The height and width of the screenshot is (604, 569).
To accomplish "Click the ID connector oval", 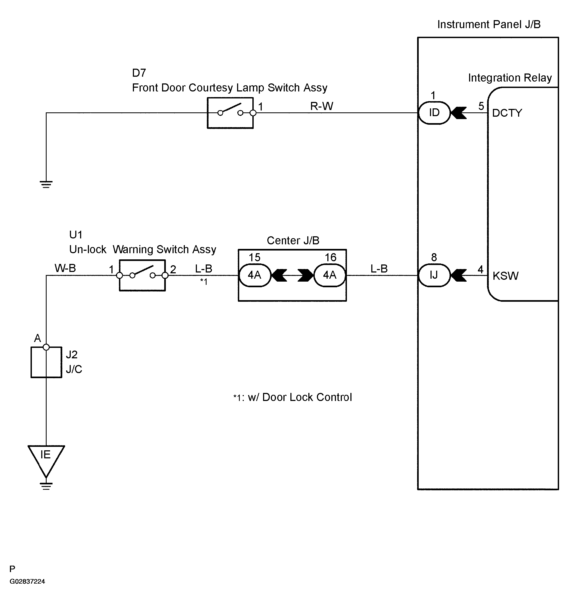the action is pyautogui.click(x=434, y=113).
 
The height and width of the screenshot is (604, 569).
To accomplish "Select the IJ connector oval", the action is pyautogui.click(x=434, y=275).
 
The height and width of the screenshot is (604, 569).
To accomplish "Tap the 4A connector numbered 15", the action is pyautogui.click(x=254, y=275).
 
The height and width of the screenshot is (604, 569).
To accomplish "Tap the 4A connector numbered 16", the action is pyautogui.click(x=330, y=275).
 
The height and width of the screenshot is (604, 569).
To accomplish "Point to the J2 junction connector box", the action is pyautogui.click(x=46, y=362).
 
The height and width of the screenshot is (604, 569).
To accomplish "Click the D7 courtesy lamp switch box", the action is pyautogui.click(x=230, y=113).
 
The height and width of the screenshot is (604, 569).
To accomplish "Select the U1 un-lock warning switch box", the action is pyautogui.click(x=142, y=275).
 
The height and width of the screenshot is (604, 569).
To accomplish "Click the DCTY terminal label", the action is pyautogui.click(x=507, y=113).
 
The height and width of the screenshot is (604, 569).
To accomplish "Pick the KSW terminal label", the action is pyautogui.click(x=506, y=276).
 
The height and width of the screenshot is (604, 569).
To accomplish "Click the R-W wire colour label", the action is pyautogui.click(x=322, y=106).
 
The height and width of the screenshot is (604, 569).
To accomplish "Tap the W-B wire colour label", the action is pyautogui.click(x=65, y=268).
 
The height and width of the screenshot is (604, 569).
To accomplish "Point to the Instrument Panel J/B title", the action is pyautogui.click(x=489, y=24).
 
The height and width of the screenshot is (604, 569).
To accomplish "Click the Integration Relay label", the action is pyautogui.click(x=510, y=78).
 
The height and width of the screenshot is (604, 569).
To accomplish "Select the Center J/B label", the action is pyautogui.click(x=293, y=240).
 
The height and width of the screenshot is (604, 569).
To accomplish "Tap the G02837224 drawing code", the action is pyautogui.click(x=27, y=581).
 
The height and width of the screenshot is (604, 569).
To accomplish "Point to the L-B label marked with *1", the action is pyautogui.click(x=204, y=268).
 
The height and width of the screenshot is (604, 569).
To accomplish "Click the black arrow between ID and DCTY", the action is pyautogui.click(x=459, y=113).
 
